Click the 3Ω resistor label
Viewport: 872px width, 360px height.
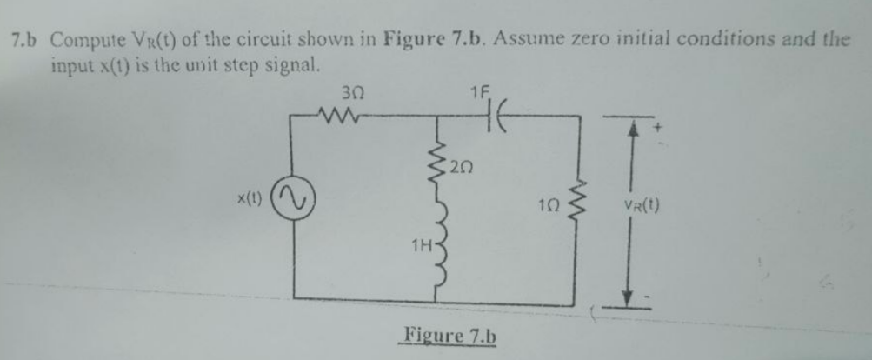[x=351, y=94]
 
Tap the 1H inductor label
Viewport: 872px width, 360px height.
[x=423, y=247]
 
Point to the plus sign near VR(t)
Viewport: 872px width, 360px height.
[x=646, y=130]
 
